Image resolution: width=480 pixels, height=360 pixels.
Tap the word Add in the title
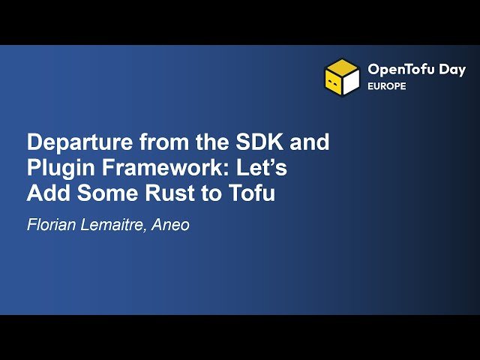[47, 193]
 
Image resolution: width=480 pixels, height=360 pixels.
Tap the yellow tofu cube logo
[342, 77]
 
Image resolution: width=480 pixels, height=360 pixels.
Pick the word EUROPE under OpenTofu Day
[387, 86]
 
